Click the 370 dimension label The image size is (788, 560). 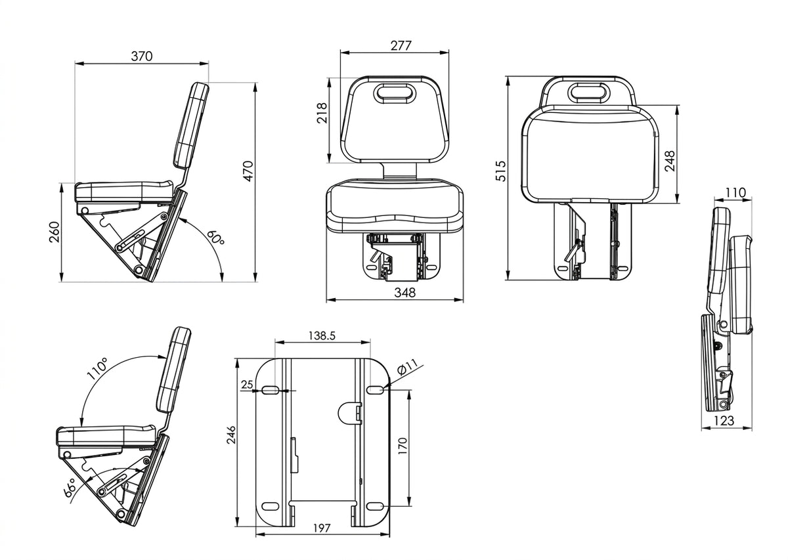coord(142,56)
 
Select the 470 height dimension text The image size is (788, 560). coord(248,171)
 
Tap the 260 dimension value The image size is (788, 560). coord(55,232)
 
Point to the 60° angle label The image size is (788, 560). coord(215,238)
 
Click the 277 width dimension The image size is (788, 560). coord(401,46)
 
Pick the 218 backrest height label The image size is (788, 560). coord(322,112)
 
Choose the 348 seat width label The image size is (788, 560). coord(405,292)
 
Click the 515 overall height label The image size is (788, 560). coord(500,171)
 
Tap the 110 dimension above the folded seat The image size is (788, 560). coord(735,192)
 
